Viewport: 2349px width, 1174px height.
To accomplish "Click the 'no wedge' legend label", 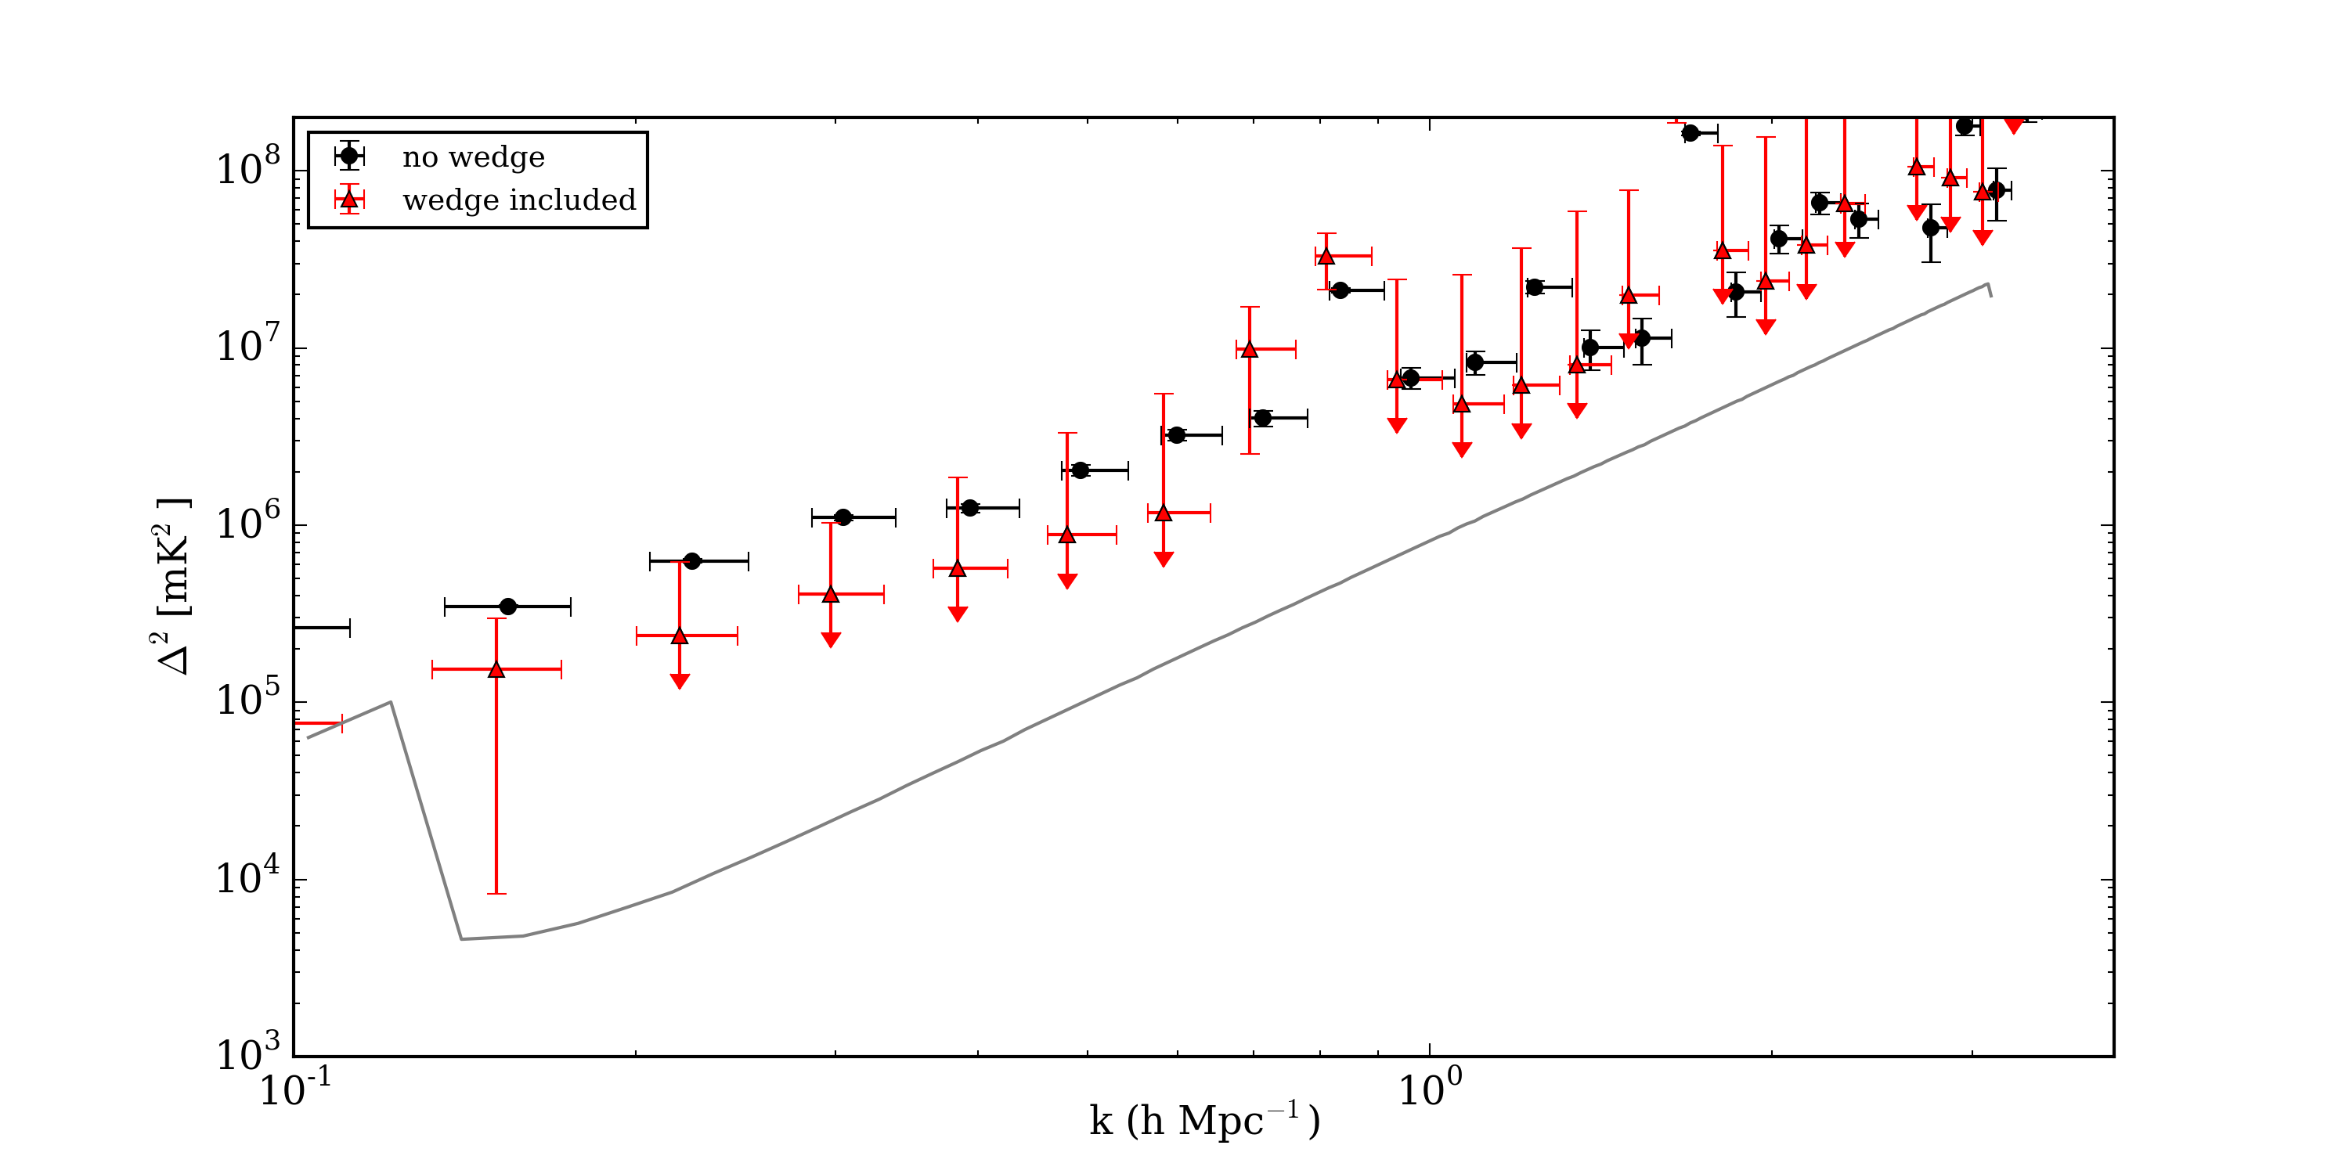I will coord(473,157).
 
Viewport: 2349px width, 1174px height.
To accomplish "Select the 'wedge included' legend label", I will coord(519,200).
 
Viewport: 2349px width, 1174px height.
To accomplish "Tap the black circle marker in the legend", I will coord(349,156).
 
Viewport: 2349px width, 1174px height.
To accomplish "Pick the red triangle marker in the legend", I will coord(349,200).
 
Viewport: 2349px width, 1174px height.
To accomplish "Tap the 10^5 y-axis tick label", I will coord(248,699).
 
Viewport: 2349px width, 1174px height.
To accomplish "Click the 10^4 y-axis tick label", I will coord(248,877).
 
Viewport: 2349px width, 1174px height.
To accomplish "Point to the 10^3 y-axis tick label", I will coord(248,1053).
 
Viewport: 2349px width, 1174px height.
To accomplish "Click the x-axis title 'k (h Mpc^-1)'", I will coord(1203,1121).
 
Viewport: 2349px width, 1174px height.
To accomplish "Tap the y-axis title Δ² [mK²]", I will coord(173,586).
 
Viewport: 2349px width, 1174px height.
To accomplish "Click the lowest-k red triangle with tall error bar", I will coord(496,670).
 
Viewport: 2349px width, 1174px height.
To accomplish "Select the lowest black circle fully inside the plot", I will coord(508,607).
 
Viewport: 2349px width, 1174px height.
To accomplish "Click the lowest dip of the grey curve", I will coord(462,939).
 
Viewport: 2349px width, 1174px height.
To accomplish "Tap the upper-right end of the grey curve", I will coord(1988,284).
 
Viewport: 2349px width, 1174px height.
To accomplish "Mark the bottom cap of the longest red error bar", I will coord(496,893).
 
